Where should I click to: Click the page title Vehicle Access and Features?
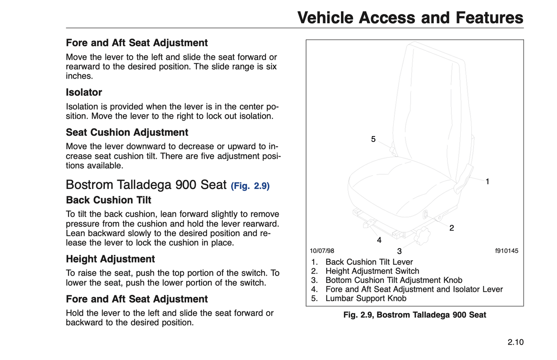(x=410, y=18)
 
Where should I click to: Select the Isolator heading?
(x=84, y=93)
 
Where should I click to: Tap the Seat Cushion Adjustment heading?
(x=127, y=133)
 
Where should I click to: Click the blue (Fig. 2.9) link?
(x=250, y=186)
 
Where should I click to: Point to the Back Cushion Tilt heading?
(x=108, y=200)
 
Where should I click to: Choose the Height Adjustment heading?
(x=110, y=259)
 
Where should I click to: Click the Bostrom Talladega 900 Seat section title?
(x=146, y=185)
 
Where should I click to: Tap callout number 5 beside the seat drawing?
(x=373, y=139)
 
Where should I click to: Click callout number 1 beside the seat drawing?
(x=487, y=182)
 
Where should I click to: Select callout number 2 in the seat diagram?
(x=452, y=228)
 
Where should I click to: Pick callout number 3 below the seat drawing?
(x=399, y=251)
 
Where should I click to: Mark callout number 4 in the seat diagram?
(x=379, y=241)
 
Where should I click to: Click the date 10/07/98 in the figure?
(x=322, y=251)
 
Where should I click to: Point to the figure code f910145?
(x=507, y=251)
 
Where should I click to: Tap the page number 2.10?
(x=515, y=342)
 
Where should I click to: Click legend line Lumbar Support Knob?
(x=366, y=298)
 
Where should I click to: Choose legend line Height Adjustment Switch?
(x=372, y=271)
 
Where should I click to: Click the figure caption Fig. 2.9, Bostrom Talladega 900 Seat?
(x=414, y=315)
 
